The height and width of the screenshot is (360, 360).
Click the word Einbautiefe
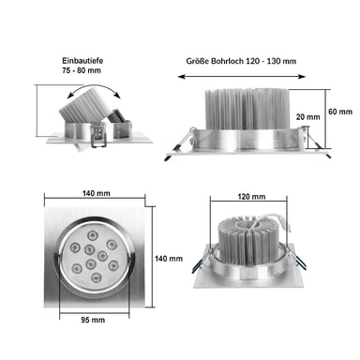tap(82, 60)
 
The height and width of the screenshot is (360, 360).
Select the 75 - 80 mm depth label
tap(82, 70)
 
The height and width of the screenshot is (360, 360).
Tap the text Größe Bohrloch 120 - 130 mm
tap(241, 61)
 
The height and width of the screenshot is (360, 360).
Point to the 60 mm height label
tap(340, 112)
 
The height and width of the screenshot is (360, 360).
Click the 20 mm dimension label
tap(308, 117)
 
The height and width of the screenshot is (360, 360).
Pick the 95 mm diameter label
tap(93, 320)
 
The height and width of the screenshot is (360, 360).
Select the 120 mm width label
tap(251, 197)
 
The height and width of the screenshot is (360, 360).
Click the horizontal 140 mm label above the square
tap(97, 193)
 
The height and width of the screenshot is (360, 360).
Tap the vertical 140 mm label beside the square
tap(169, 259)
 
